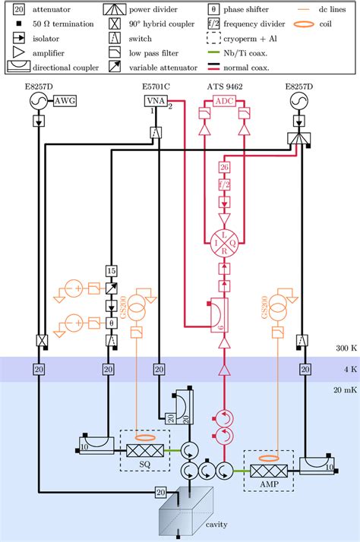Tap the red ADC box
pos(224,101)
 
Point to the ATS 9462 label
pos(224,88)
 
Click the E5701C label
pos(156,88)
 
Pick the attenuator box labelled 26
pos(224,168)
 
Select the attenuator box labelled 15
pos(111,271)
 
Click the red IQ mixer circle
pos(224,244)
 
